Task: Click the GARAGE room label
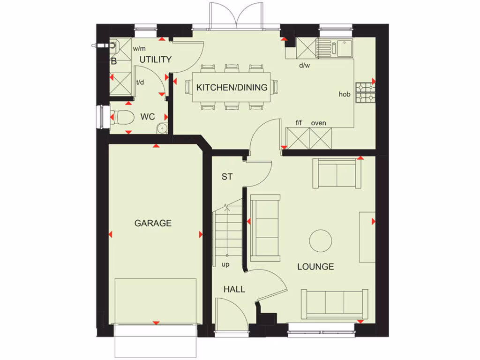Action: (153, 223)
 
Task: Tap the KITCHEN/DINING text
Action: (232, 87)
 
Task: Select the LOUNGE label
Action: (315, 267)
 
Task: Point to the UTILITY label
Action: (155, 60)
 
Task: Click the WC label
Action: (148, 117)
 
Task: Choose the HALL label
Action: (234, 289)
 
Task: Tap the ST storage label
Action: (227, 177)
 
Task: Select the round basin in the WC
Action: (162, 127)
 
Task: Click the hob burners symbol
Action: (365, 92)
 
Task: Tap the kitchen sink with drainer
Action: (334, 47)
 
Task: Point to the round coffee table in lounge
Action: (321, 240)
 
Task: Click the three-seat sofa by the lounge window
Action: (334, 303)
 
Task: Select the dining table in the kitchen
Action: (232, 88)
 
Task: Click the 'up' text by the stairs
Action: (225, 265)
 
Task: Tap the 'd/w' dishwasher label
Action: (305, 65)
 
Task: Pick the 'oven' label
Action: (318, 123)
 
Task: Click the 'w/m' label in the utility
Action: (139, 48)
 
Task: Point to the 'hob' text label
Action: (345, 94)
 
